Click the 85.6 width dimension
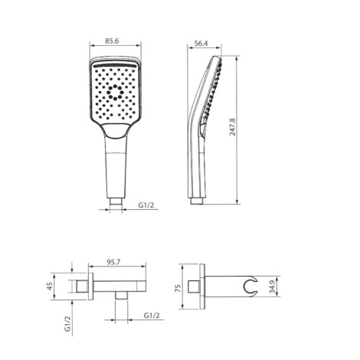point(112,41)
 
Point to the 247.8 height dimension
point(233,126)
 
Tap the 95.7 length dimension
point(113,262)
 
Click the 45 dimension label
point(50,286)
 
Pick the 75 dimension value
point(178,288)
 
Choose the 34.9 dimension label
point(273,286)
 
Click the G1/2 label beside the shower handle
point(146,205)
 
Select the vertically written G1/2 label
point(67,323)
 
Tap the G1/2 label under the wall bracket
point(152,316)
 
